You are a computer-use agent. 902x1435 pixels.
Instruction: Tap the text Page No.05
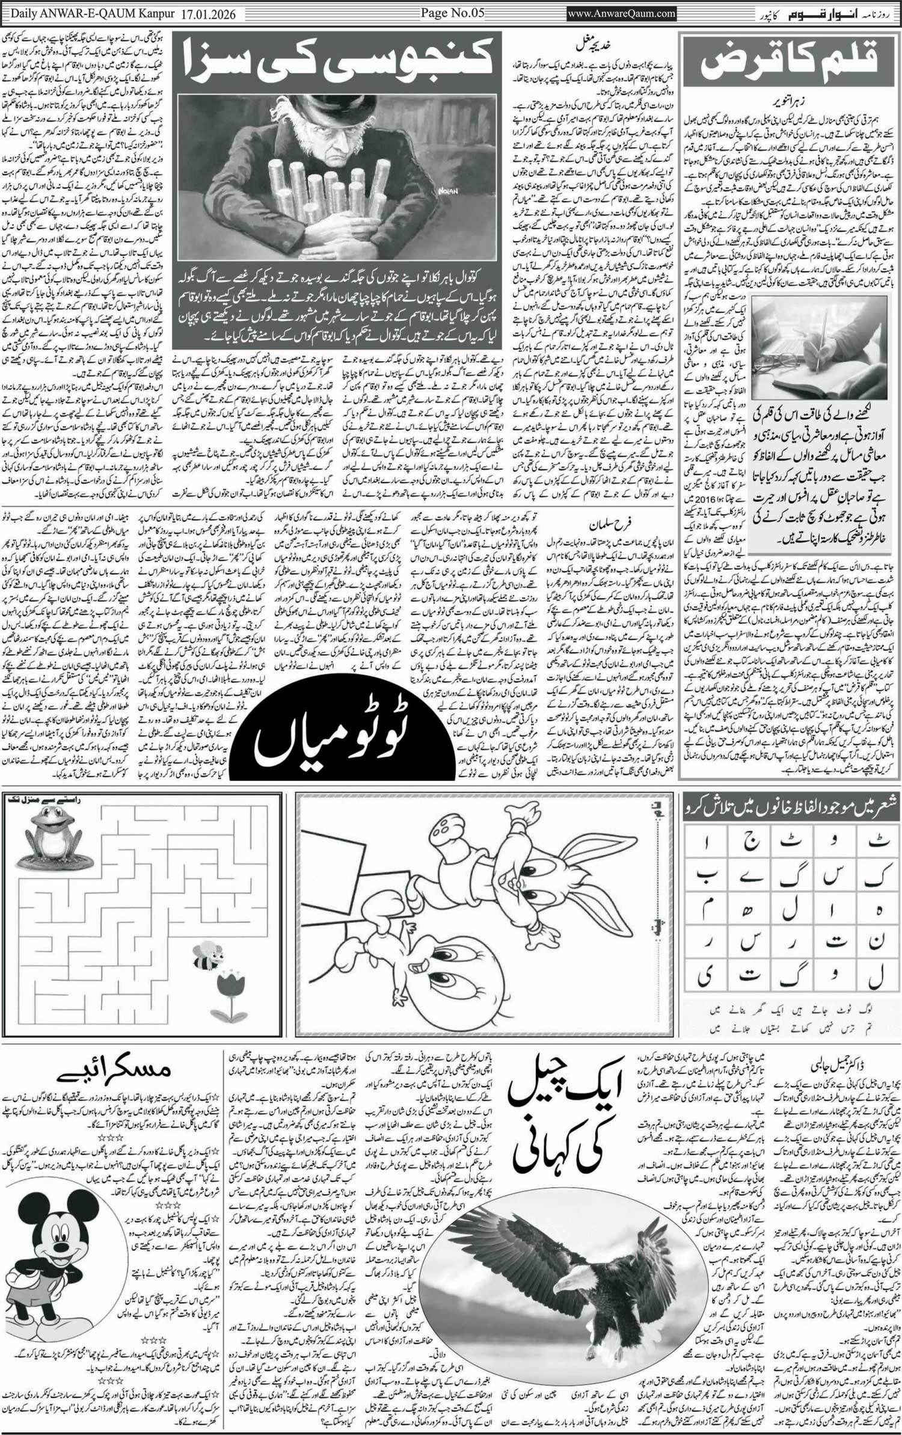click(452, 13)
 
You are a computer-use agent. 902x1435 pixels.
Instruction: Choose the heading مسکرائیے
click(114, 1069)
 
